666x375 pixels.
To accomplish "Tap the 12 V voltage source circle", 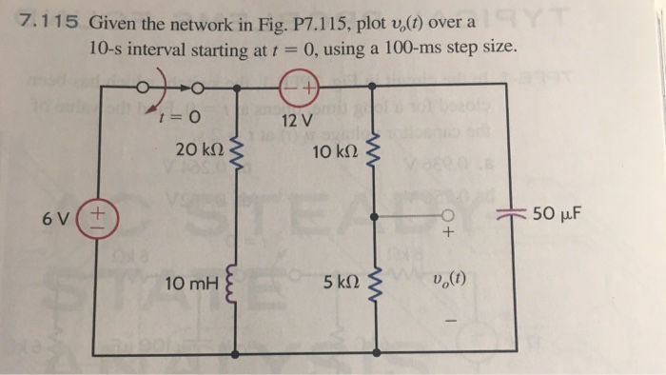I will point(297,89).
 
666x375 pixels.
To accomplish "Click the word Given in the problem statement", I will point(115,21).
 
